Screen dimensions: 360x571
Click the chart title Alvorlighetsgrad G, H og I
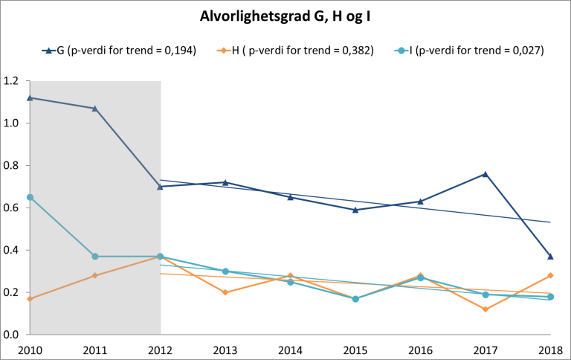(x=285, y=16)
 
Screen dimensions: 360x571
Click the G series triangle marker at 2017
(x=485, y=174)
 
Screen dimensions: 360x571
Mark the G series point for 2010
(x=30, y=97)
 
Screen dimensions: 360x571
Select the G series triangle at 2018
(x=550, y=257)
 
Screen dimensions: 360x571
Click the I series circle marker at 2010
(x=30, y=197)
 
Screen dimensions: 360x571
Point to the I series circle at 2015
(x=355, y=299)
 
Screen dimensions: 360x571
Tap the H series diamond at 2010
(x=30, y=299)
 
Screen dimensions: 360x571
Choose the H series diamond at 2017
(x=485, y=309)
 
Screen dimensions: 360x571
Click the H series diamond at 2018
(x=550, y=275)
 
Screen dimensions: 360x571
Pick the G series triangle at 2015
(x=355, y=210)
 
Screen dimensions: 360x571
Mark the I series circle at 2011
(x=94, y=257)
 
